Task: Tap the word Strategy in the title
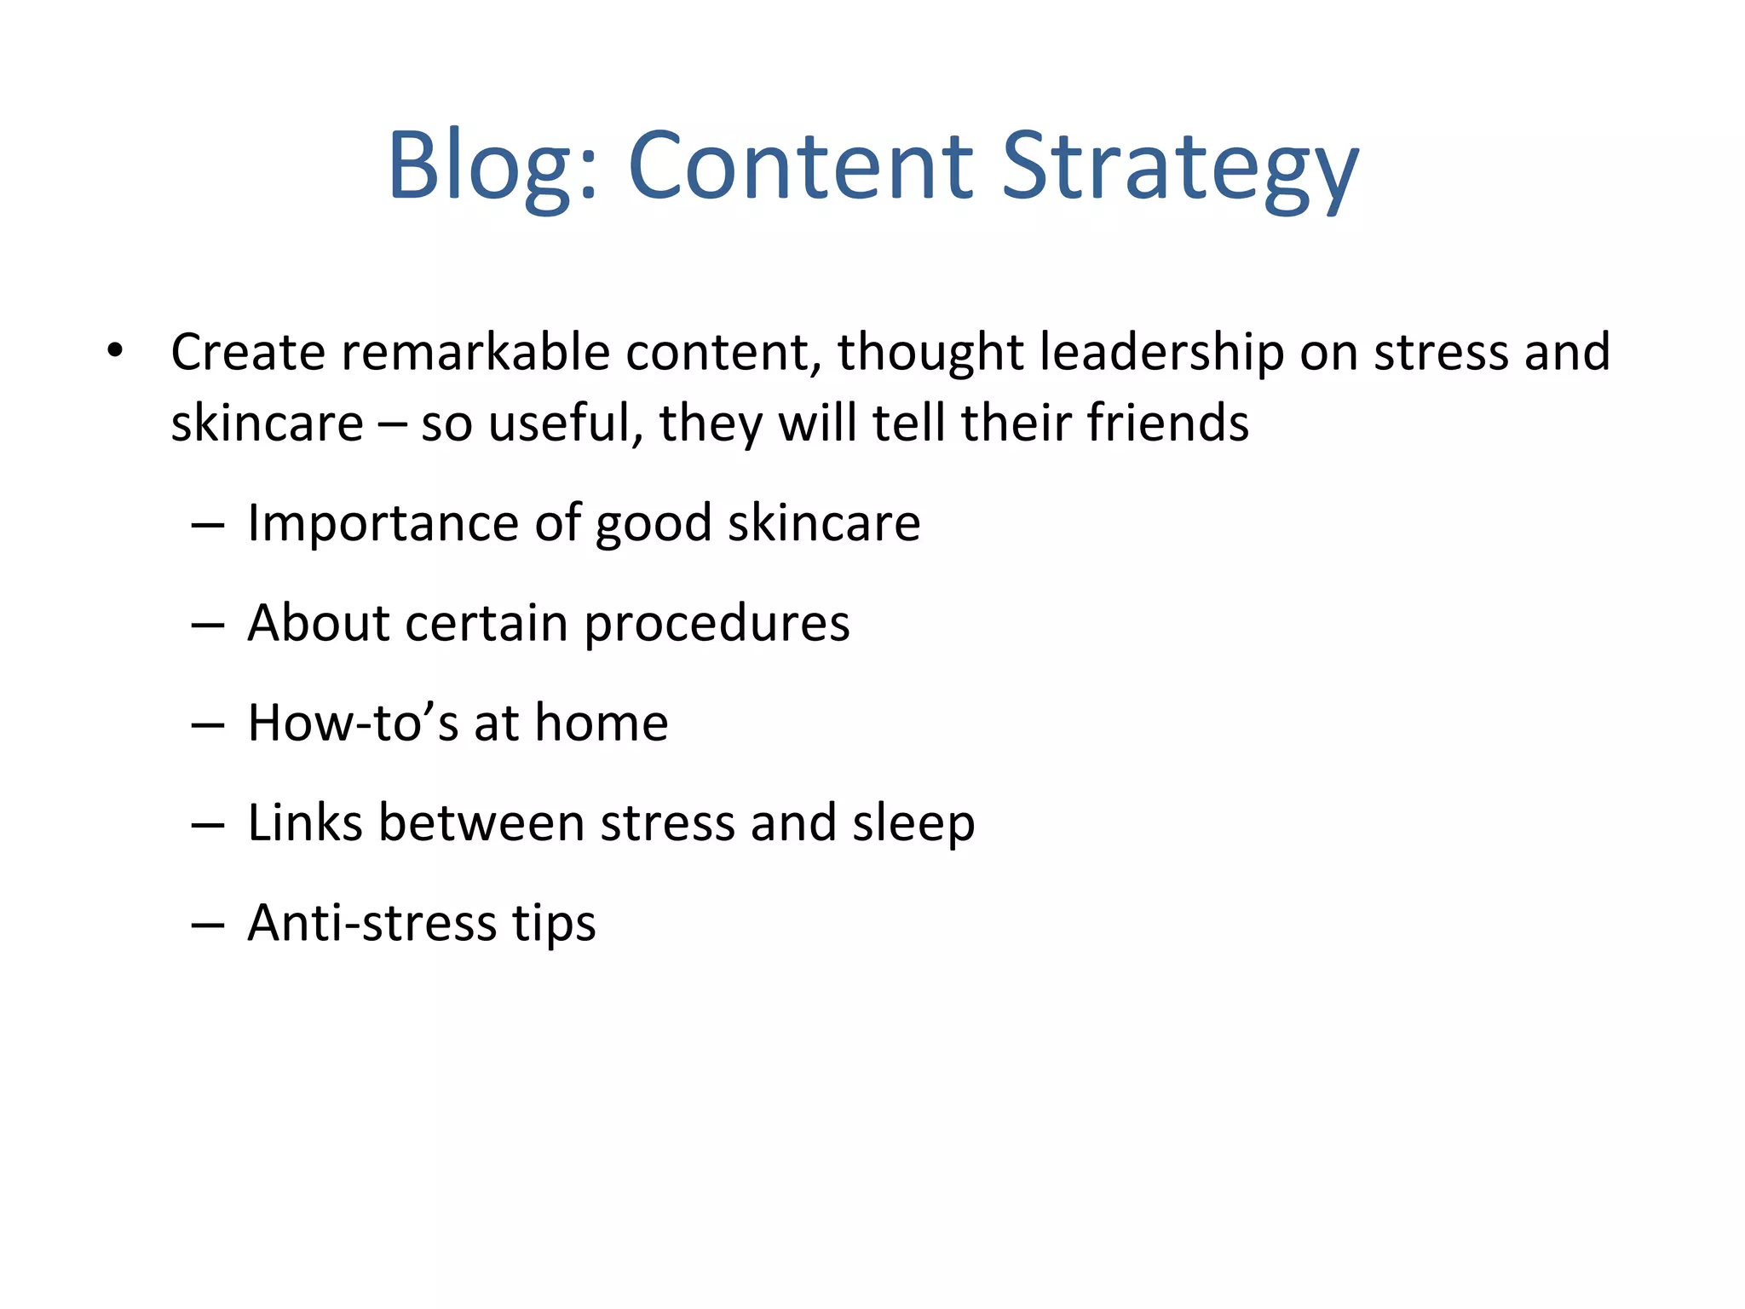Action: [x=1179, y=166]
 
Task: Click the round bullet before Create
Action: [x=116, y=350]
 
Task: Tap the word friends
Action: [x=1167, y=423]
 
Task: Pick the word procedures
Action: [x=717, y=624]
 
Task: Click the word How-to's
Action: [x=353, y=723]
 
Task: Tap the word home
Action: [x=602, y=723]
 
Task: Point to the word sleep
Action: [x=913, y=824]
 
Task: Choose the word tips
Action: [x=554, y=925]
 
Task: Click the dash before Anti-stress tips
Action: [x=208, y=925]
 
